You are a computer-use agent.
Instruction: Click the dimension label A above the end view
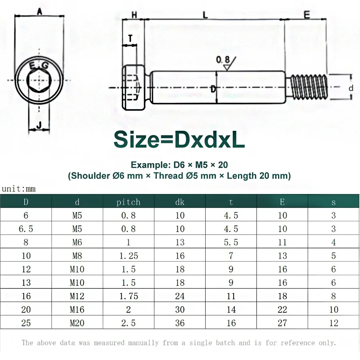click(39, 12)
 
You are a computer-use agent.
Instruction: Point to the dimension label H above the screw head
click(134, 15)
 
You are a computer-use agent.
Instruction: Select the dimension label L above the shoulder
click(205, 15)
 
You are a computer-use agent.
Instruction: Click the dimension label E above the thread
click(306, 15)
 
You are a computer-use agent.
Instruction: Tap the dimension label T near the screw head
click(130, 38)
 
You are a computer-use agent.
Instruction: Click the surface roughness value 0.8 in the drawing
click(223, 60)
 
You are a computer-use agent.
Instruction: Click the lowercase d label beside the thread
click(351, 88)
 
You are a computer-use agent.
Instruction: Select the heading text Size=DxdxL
click(179, 140)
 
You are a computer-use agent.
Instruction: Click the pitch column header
click(128, 202)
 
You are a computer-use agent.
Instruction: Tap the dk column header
click(180, 202)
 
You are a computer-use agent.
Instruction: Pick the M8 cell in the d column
click(77, 256)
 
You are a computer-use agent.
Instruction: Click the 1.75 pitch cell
click(128, 296)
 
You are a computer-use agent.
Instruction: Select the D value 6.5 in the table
click(26, 229)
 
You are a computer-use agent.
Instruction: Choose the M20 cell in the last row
click(77, 323)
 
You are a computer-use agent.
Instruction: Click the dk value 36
click(180, 323)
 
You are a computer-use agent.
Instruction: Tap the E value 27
click(282, 323)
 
